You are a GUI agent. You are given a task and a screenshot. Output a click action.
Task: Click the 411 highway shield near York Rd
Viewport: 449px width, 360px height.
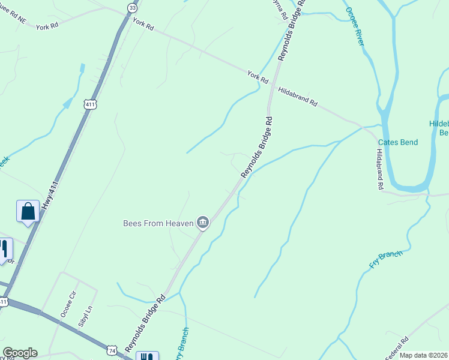(x=90, y=104)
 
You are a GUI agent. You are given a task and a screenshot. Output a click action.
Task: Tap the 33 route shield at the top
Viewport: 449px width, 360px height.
(x=131, y=8)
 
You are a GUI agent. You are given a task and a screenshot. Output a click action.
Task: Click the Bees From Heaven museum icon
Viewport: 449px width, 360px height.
(x=203, y=223)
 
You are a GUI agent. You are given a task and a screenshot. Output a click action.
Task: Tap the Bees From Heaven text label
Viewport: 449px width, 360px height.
(x=158, y=223)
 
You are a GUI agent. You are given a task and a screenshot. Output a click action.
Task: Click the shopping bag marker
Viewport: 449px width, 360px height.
(x=28, y=211)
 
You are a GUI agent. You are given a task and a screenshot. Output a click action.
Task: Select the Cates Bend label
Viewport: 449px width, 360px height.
(x=397, y=143)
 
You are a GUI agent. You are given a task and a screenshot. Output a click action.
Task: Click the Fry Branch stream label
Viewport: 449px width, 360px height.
(x=385, y=259)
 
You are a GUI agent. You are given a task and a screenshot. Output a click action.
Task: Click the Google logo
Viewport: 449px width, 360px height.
(x=20, y=353)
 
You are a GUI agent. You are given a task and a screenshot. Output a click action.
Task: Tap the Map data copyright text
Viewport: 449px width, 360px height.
(x=424, y=355)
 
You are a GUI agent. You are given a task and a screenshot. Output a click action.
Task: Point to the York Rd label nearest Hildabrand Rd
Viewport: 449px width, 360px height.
(x=257, y=76)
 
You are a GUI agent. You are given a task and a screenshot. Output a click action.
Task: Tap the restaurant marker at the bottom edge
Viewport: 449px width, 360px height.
(x=147, y=356)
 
